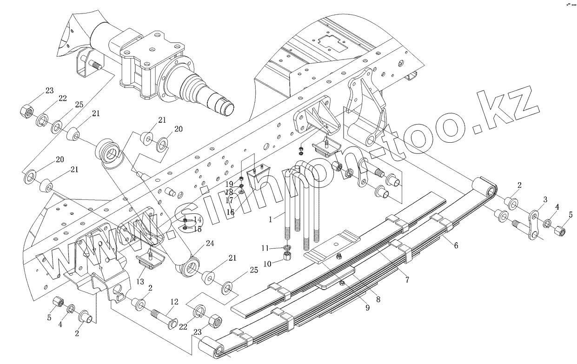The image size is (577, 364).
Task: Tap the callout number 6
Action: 456,245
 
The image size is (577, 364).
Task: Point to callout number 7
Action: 407,280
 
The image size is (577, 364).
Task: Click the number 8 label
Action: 378,300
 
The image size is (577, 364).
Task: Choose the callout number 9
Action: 367,307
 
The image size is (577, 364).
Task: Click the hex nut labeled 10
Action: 286,257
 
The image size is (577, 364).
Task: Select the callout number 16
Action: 231,212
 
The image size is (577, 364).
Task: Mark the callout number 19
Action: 230,184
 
